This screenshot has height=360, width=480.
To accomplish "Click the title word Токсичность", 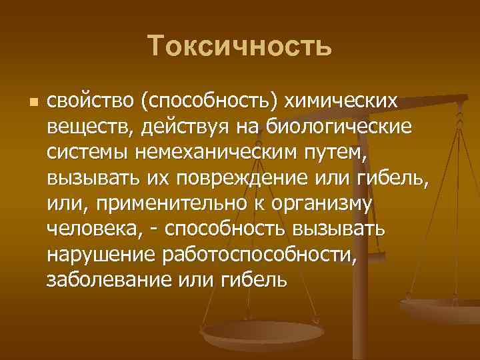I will [x=240, y=47].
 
